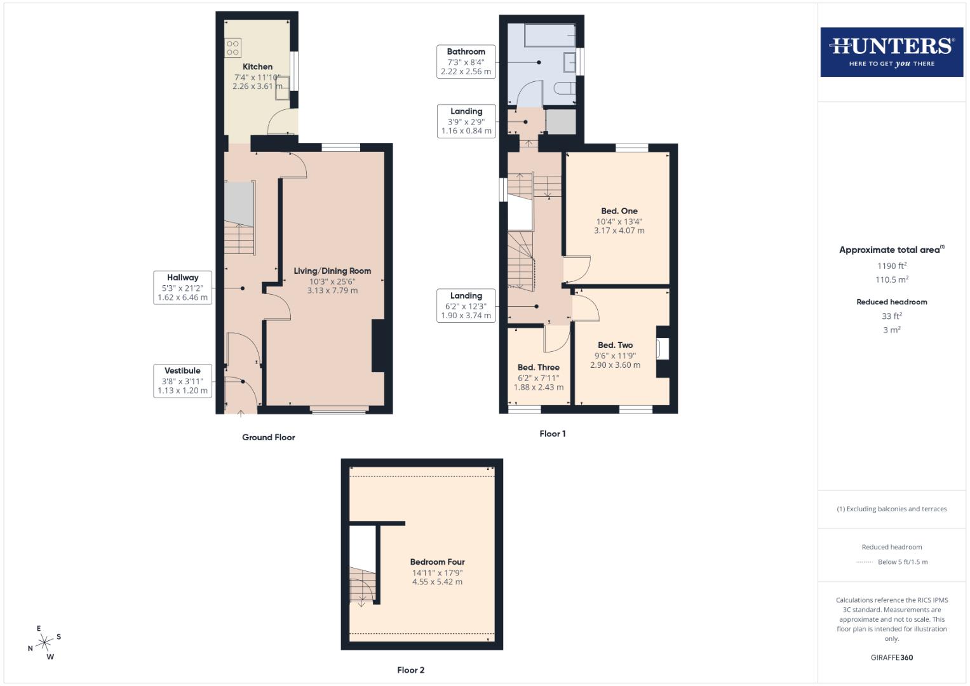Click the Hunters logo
pyautogui.click(x=891, y=51)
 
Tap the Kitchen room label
pyautogui.click(x=257, y=67)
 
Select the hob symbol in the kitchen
pyautogui.click(x=232, y=48)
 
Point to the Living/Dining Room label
pyautogui.click(x=332, y=271)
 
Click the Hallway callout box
pyautogui.click(x=183, y=287)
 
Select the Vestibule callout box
pyautogui.click(x=183, y=380)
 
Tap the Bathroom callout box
pyautogui.click(x=466, y=62)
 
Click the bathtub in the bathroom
pyautogui.click(x=549, y=36)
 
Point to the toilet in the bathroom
pyautogui.click(x=565, y=88)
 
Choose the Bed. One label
pyautogui.click(x=619, y=211)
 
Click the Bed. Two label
pyautogui.click(x=615, y=345)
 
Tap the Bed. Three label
pyautogui.click(x=538, y=367)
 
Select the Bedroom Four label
pyautogui.click(x=437, y=562)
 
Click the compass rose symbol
pyautogui.click(x=44, y=643)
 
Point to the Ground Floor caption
pyautogui.click(x=268, y=437)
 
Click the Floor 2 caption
pyautogui.click(x=410, y=669)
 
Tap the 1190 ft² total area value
pyautogui.click(x=892, y=266)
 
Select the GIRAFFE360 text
pyautogui.click(x=891, y=657)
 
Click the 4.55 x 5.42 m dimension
pyautogui.click(x=437, y=582)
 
